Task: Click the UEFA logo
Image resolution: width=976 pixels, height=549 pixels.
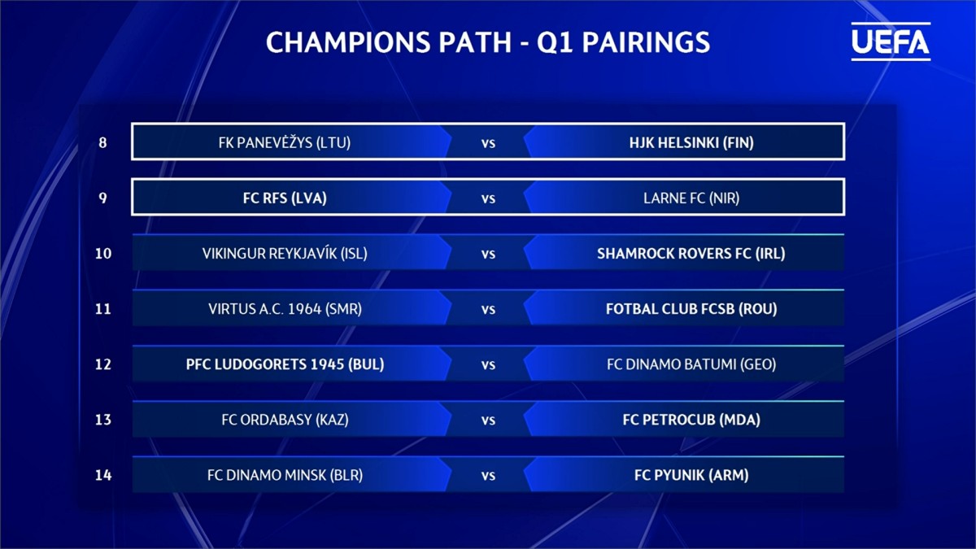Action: tap(891, 41)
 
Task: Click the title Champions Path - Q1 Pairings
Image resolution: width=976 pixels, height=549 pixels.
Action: tap(488, 42)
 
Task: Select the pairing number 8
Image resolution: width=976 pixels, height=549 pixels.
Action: tap(102, 142)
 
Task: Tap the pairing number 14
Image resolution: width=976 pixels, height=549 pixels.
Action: tap(103, 475)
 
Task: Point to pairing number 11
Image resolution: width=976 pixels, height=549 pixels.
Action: tap(103, 309)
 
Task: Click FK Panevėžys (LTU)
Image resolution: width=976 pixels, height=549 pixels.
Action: tap(285, 142)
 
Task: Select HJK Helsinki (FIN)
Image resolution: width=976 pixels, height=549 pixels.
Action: tap(691, 142)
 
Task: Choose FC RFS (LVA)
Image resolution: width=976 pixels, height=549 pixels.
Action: tap(285, 198)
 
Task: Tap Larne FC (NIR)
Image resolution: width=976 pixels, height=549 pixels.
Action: tap(691, 198)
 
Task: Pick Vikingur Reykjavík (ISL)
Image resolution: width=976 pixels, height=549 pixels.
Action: tap(285, 253)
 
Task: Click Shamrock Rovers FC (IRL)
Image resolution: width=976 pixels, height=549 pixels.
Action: tap(691, 254)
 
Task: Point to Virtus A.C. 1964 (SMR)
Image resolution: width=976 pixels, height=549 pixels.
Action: tap(285, 309)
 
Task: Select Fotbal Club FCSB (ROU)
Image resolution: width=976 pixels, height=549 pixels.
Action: tap(691, 309)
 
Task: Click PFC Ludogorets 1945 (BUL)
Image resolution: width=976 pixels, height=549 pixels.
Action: tap(285, 364)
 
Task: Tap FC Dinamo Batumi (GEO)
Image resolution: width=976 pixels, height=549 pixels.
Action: tap(691, 364)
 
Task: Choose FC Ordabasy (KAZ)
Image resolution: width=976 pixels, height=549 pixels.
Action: tap(285, 420)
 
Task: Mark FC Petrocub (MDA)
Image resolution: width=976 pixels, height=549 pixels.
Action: tap(691, 420)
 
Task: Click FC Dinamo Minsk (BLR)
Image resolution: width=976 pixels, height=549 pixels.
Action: tap(285, 475)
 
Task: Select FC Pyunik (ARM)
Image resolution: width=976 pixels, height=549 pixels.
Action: tap(691, 475)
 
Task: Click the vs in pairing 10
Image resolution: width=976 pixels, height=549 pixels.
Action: tap(488, 254)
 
